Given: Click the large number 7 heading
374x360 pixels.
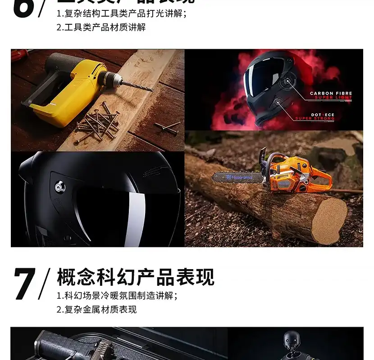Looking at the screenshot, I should (25, 284).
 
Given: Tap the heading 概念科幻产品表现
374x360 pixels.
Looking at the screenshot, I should (135, 277).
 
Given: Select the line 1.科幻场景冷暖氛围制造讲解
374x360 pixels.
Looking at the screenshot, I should (117, 296).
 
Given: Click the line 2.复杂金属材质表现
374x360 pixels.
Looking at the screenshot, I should (96, 310).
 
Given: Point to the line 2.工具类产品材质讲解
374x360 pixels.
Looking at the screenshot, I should (101, 27).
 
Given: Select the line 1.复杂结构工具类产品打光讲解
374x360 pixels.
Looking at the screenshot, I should (122, 13).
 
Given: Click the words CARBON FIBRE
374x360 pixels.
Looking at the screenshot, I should (331, 94).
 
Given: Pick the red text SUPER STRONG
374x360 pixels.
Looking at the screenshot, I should (315, 119).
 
